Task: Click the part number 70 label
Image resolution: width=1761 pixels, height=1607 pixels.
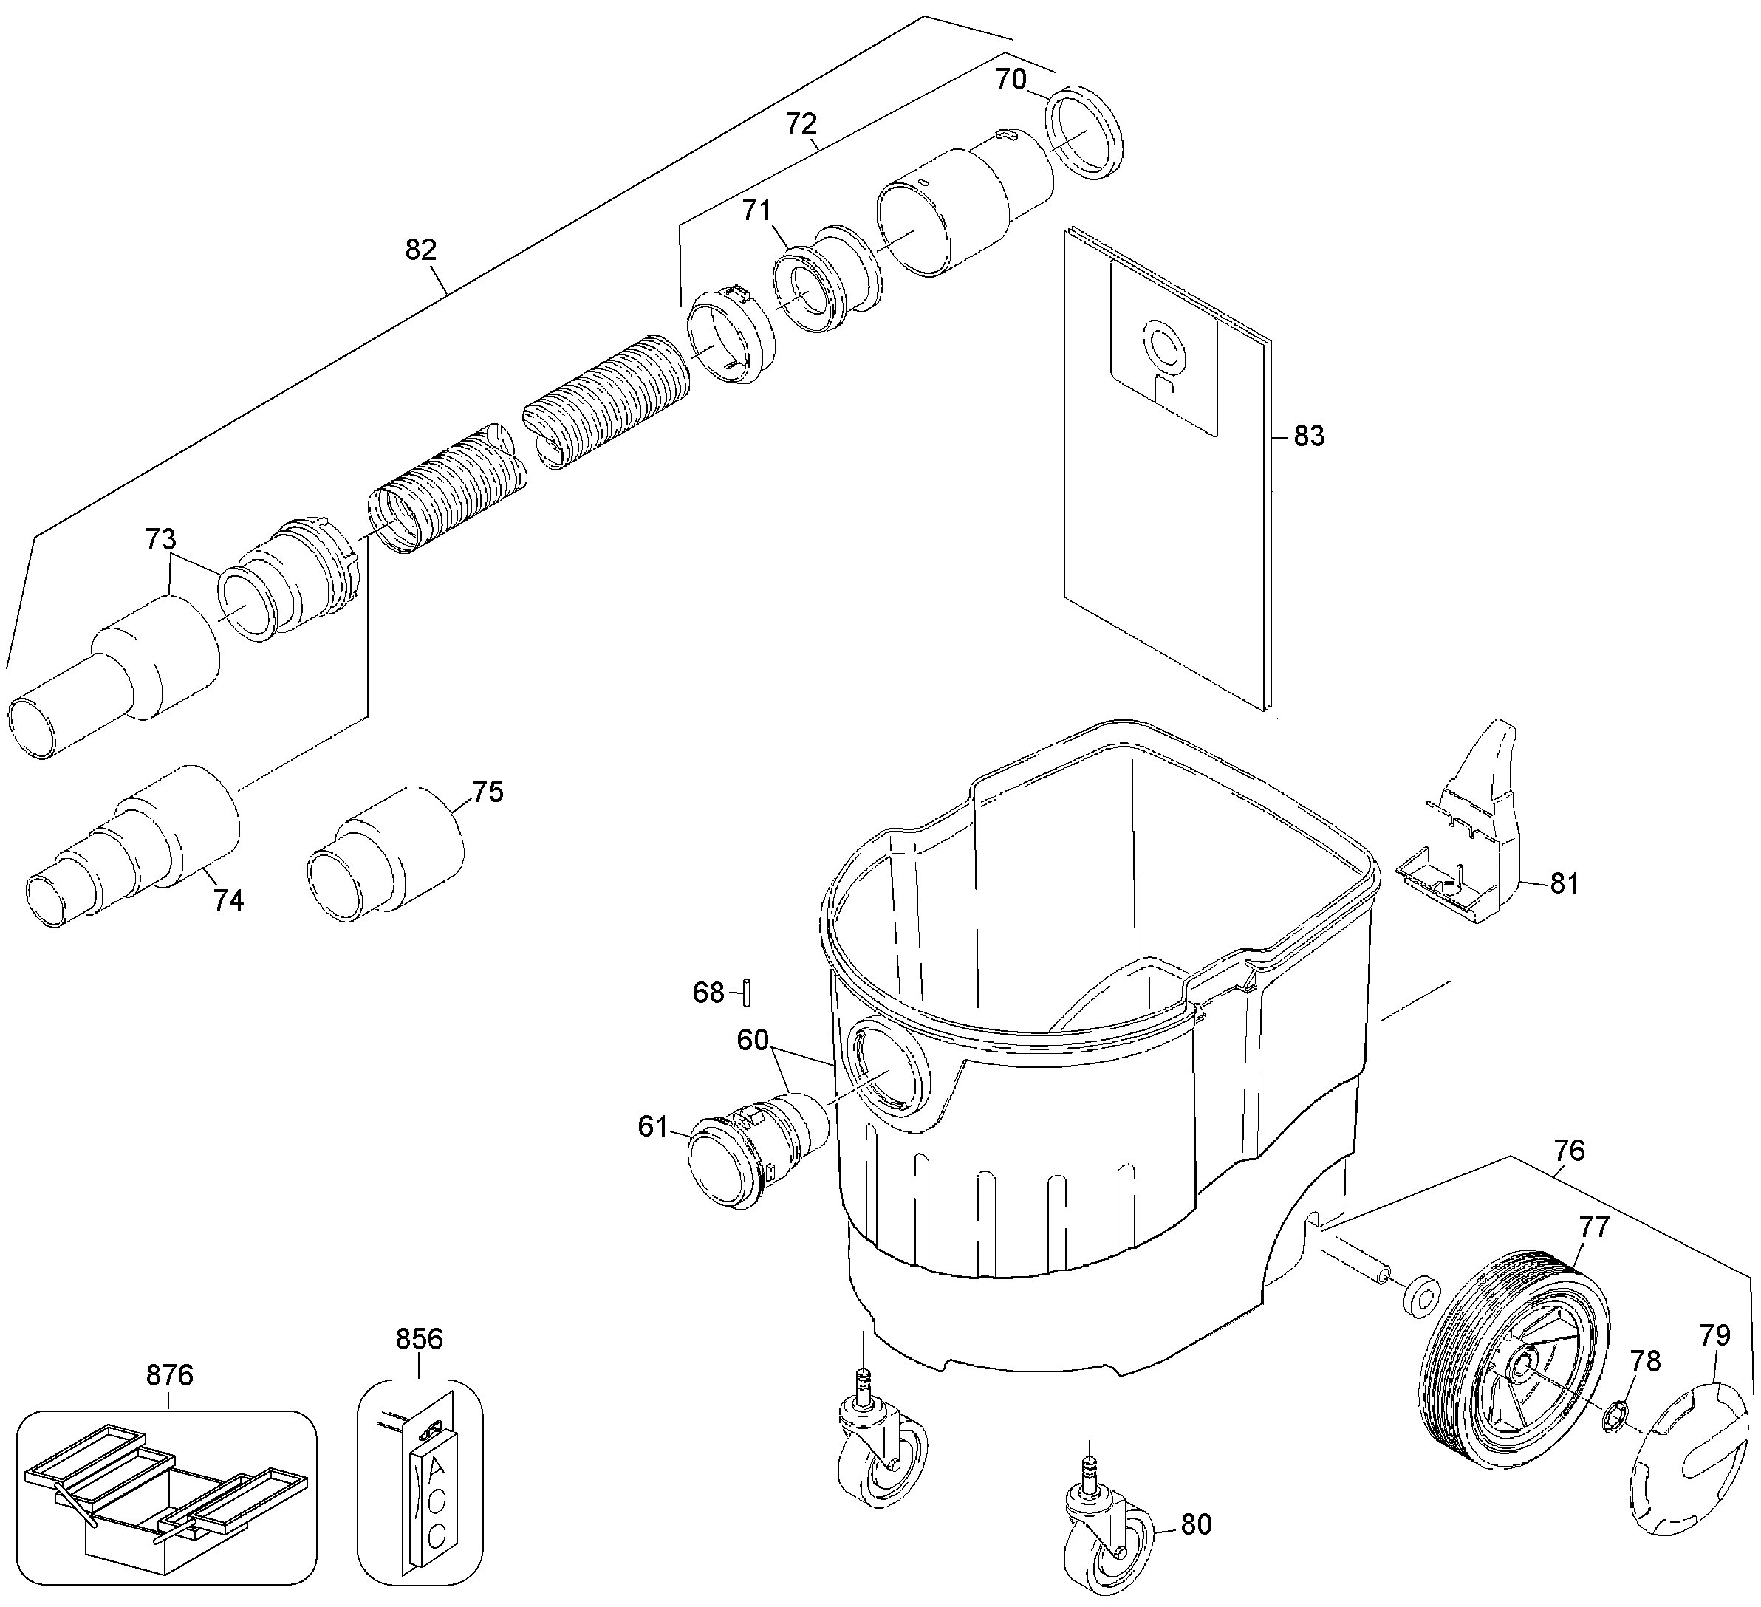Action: [x=1011, y=80]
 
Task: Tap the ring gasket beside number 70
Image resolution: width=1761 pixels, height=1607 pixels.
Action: [x=1083, y=133]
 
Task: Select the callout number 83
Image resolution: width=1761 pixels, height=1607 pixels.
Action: [x=1308, y=436]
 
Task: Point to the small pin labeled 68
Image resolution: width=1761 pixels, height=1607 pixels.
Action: [x=748, y=993]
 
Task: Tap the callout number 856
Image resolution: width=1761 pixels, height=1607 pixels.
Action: [x=420, y=1339]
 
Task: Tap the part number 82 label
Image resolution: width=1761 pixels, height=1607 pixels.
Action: [x=421, y=250]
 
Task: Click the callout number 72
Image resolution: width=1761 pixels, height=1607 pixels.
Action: [x=801, y=123]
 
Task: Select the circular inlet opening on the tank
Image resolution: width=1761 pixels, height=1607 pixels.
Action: [x=886, y=1069]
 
